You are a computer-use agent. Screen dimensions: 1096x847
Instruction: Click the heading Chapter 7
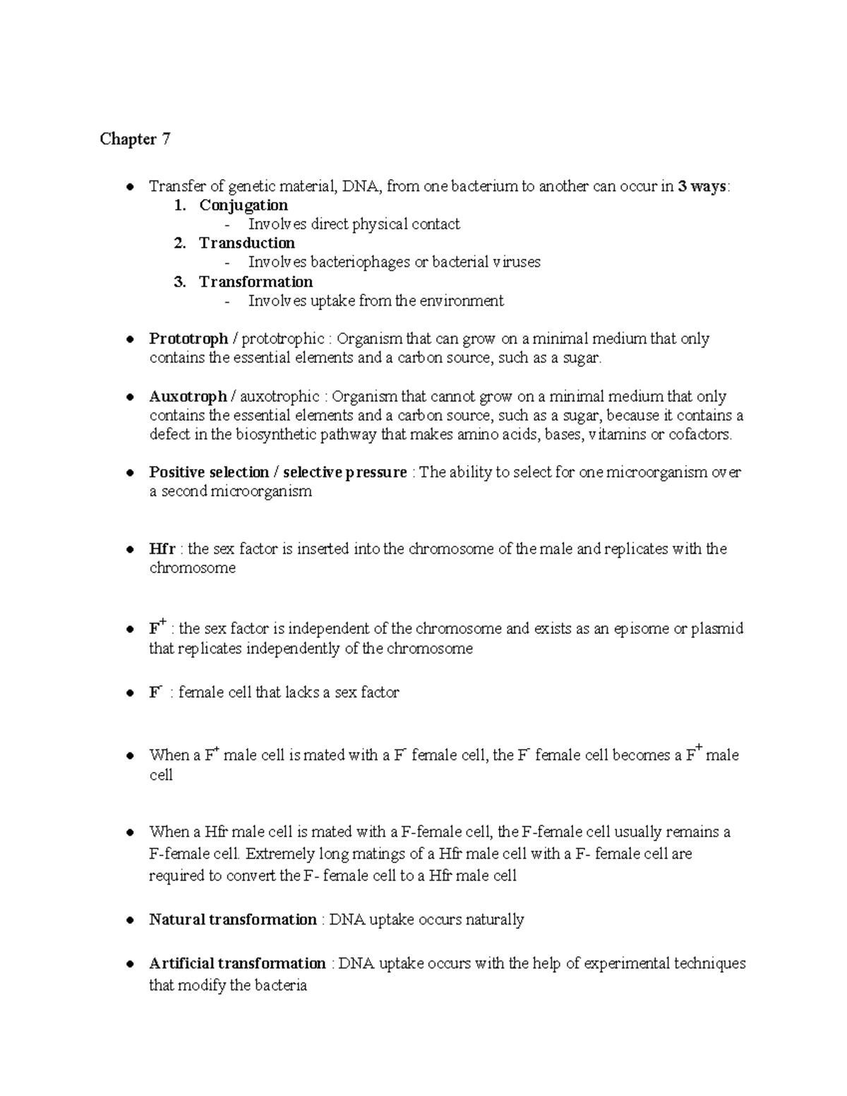pyautogui.click(x=135, y=139)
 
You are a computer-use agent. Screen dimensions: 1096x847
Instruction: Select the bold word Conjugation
pyautogui.click(x=244, y=205)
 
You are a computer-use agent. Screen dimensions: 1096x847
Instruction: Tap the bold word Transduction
pyautogui.click(x=247, y=243)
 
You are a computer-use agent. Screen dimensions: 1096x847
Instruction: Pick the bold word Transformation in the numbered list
pyautogui.click(x=256, y=282)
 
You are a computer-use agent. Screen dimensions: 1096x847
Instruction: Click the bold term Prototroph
pyautogui.click(x=188, y=339)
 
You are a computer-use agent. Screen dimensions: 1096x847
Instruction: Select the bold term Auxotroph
pyautogui.click(x=188, y=397)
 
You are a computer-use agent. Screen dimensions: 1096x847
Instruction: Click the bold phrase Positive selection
pyautogui.click(x=209, y=473)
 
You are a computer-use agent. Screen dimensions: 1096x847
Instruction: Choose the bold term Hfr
pyautogui.click(x=162, y=549)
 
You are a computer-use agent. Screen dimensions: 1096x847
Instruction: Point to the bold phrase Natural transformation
pyautogui.click(x=233, y=920)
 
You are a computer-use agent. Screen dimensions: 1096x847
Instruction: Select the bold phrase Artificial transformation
pyautogui.click(x=237, y=964)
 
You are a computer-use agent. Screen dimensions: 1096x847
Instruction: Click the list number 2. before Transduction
pyautogui.click(x=180, y=243)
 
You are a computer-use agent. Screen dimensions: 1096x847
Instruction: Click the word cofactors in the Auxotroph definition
pyautogui.click(x=699, y=435)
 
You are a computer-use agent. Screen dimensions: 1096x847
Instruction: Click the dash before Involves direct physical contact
pyautogui.click(x=227, y=225)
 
